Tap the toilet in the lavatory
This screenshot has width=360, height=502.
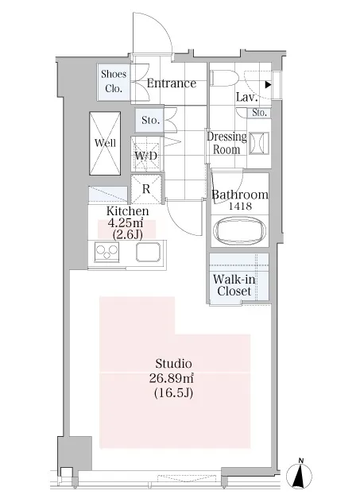[223, 79]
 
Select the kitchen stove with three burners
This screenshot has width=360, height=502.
[106, 252]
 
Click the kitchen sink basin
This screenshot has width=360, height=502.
[148, 252]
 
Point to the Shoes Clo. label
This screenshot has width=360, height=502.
[114, 81]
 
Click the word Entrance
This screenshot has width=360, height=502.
[172, 83]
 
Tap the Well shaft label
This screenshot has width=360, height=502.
[105, 142]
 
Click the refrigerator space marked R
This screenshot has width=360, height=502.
[146, 189]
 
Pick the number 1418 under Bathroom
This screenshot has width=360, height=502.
[240, 207]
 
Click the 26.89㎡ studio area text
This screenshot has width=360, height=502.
[172, 378]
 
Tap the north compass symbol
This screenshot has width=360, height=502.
[299, 474]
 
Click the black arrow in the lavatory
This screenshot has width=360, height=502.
[269, 85]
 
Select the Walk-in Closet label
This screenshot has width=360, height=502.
[234, 285]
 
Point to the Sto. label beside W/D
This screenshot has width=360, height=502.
[150, 120]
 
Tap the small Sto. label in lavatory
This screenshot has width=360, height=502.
[259, 112]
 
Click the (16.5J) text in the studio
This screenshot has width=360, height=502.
[173, 392]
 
